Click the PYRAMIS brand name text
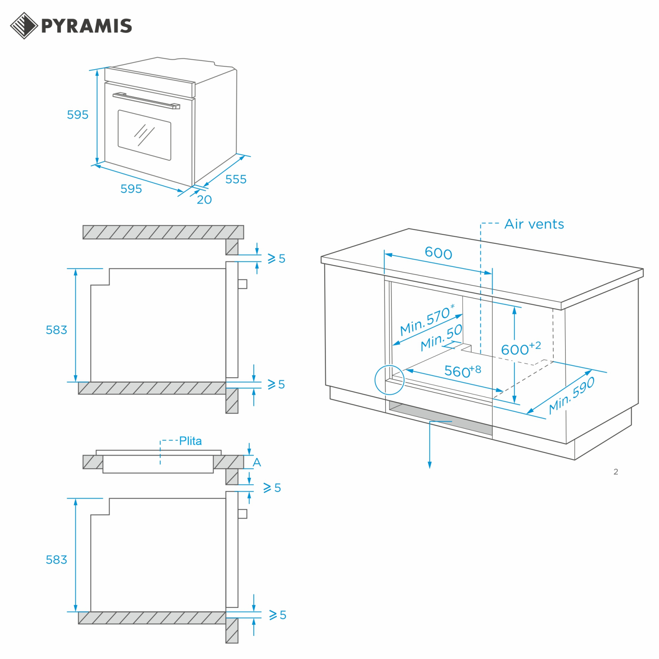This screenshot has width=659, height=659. tap(86, 26)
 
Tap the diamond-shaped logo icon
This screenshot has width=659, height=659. tap(24, 26)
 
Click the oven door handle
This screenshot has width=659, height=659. tap(146, 100)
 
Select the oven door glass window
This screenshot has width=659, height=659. tap(144, 135)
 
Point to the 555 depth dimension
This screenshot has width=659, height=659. tap(236, 179)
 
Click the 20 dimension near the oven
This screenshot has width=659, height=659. tap(204, 200)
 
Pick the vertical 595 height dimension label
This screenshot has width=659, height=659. tap(77, 115)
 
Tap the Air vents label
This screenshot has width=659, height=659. tap(534, 224)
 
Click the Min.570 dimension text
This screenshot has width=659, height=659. tap(428, 320)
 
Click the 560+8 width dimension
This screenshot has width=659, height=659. tap(463, 371)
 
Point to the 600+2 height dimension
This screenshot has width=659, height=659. tap(521, 348)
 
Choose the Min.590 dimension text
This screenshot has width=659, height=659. tap(572, 395)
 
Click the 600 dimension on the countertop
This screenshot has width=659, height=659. tap(439, 252)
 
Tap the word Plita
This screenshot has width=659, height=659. tap(190, 441)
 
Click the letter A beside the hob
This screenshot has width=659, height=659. tap(257, 462)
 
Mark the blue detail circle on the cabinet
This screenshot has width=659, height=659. tap(389, 380)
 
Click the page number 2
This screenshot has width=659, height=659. tap(616, 472)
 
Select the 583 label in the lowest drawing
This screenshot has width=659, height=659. tap(56, 560)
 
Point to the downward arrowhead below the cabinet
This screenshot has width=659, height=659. tap(430, 465)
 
